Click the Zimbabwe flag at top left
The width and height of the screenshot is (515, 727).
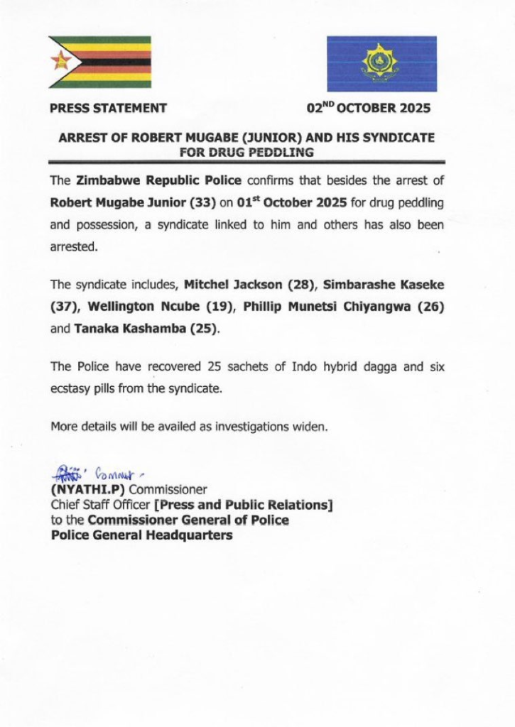pyautogui.click(x=100, y=62)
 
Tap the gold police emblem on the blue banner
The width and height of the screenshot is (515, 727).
pyautogui.click(x=381, y=62)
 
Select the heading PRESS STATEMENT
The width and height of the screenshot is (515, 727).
pyautogui.click(x=109, y=109)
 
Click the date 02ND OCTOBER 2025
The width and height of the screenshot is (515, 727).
pyautogui.click(x=369, y=109)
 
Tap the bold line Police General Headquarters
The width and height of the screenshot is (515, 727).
pyautogui.click(x=141, y=535)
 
